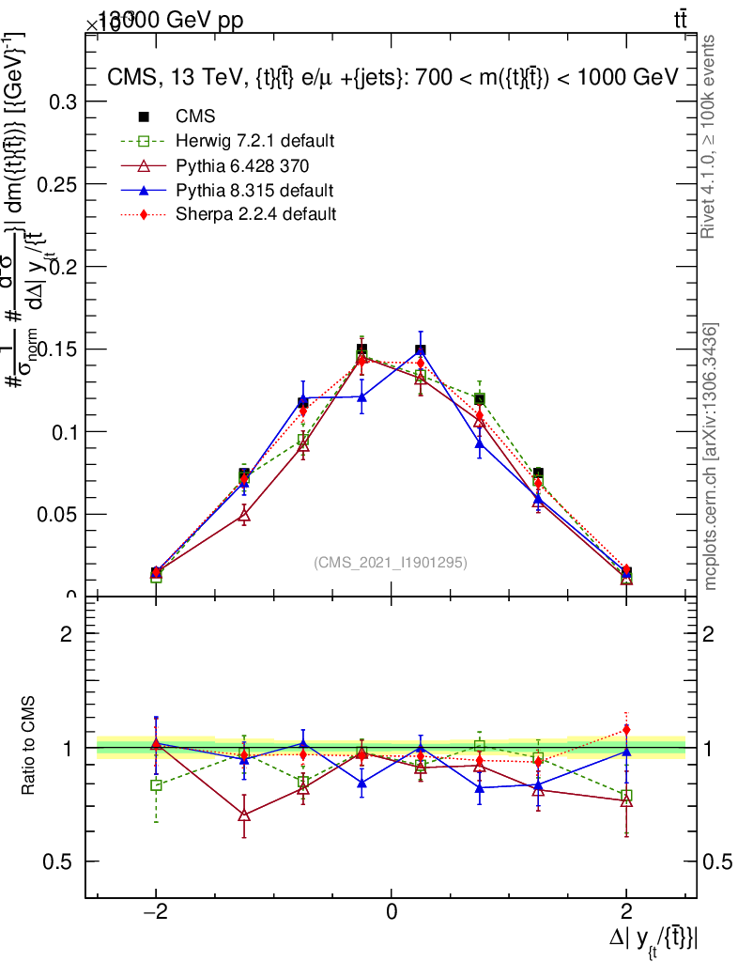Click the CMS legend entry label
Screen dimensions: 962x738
[195, 116]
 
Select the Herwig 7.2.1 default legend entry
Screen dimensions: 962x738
[254, 141]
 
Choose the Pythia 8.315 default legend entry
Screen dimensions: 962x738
[254, 190]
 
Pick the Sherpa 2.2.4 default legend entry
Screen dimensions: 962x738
[255, 214]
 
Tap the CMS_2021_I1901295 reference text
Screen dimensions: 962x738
[390, 562]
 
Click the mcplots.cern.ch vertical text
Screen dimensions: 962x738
[712, 457]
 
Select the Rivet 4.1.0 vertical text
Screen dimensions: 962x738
[712, 137]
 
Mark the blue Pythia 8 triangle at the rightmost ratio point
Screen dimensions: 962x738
[626, 752]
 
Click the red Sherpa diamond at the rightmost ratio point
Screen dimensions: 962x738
[626, 729]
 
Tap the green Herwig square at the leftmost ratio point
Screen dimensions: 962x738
[156, 785]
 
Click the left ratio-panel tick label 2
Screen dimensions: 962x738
[66, 634]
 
